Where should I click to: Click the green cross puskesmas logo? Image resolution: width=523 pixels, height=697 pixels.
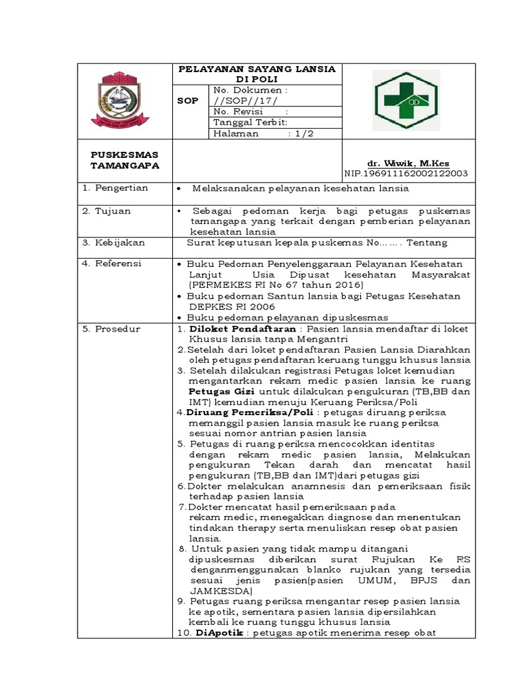pyautogui.click(x=410, y=100)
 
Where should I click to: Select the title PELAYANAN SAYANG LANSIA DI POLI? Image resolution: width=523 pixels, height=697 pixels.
pyautogui.click(x=257, y=74)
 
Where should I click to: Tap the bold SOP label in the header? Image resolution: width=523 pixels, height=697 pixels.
pyautogui.click(x=187, y=101)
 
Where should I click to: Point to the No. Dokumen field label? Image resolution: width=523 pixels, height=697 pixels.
pyautogui.click(x=250, y=90)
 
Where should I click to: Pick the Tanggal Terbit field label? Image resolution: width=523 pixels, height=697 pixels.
pyautogui.click(x=250, y=123)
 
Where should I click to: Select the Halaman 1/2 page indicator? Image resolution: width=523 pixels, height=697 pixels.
pyautogui.click(x=258, y=134)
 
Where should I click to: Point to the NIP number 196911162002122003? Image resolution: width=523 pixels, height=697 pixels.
pyautogui.click(x=406, y=174)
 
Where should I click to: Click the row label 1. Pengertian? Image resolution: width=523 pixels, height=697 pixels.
pyautogui.click(x=115, y=187)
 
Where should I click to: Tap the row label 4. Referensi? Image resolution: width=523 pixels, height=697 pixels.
pyautogui.click(x=112, y=263)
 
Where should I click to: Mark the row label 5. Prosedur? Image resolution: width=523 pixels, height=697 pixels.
pyautogui.click(x=111, y=329)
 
